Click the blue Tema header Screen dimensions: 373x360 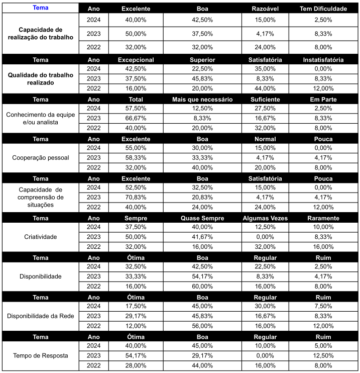click(40, 8)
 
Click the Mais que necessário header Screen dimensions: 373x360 click(202, 100)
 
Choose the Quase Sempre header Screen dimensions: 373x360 click(202, 218)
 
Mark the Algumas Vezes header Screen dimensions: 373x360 click(265, 218)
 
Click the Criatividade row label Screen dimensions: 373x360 click(40, 237)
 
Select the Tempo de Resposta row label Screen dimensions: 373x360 click(40, 355)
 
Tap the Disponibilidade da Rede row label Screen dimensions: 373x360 click(40, 316)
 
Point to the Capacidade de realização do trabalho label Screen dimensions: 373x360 click(40, 33)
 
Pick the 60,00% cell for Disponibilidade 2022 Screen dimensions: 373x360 click(202, 286)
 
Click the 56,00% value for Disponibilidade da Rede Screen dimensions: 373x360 click(202, 326)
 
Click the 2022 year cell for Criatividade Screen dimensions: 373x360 click(93, 246)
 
